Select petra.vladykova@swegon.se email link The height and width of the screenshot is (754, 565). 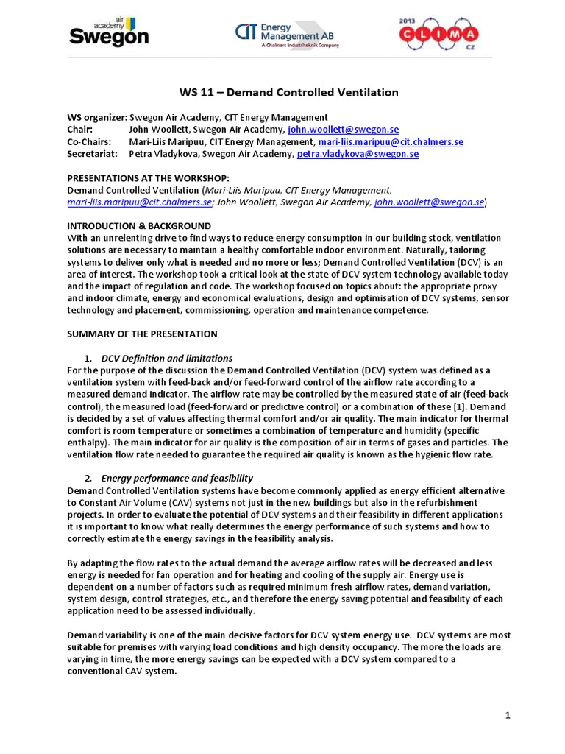point(358,154)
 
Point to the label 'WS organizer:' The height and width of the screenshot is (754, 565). point(97,117)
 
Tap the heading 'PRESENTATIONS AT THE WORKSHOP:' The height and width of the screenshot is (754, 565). point(148,178)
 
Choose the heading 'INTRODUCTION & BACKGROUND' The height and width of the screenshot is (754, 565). point(139,226)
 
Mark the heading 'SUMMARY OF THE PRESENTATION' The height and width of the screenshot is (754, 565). point(142,334)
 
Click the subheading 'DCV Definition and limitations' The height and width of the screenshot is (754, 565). point(166,358)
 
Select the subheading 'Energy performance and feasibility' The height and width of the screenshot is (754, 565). point(177,478)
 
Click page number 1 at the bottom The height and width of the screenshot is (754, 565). point(507,716)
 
